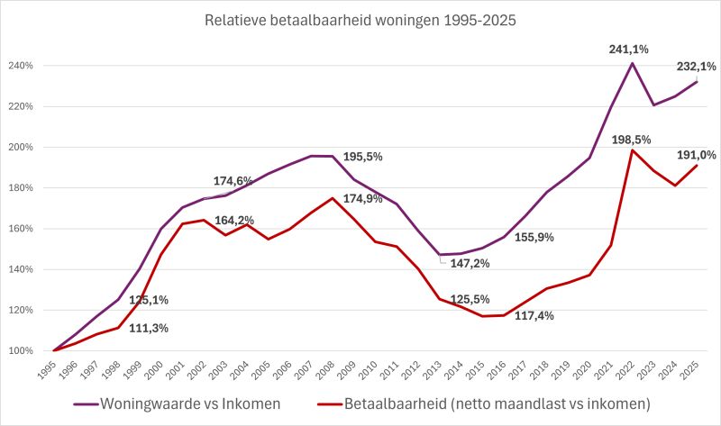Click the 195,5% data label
pos(362,157)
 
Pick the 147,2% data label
pos(470,264)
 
